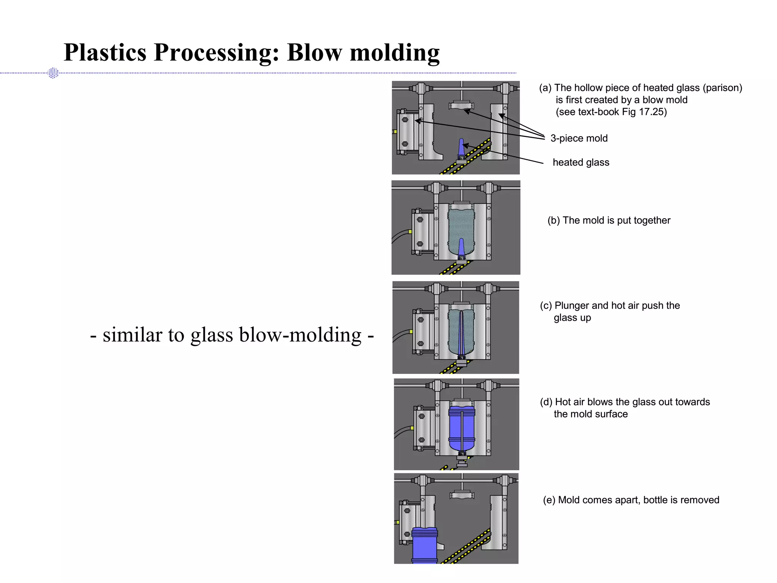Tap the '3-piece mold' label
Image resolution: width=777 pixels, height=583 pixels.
click(x=579, y=139)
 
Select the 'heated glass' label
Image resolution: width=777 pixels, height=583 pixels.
click(x=580, y=162)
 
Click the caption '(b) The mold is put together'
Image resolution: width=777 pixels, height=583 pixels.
click(x=609, y=221)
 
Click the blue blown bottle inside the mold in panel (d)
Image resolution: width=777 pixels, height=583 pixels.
click(x=461, y=428)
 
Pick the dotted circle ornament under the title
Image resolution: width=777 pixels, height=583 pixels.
click(x=53, y=73)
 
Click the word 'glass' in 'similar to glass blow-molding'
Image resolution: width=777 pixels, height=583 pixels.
click(x=211, y=335)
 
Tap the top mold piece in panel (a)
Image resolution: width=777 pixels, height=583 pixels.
click(x=461, y=106)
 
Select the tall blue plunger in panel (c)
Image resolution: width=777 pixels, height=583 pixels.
click(x=461, y=334)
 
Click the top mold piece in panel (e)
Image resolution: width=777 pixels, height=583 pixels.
click(x=462, y=495)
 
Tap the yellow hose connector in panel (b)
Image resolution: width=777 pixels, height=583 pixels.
click(x=410, y=232)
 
